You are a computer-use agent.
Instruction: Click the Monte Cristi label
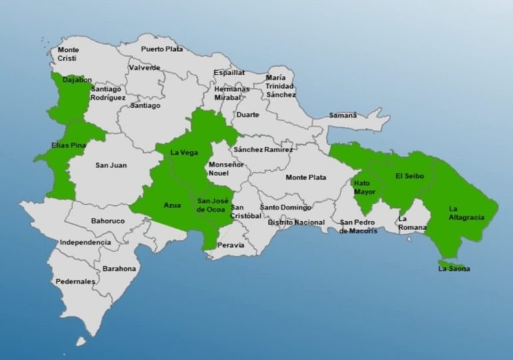(68, 54)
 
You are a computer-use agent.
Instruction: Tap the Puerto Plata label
(161, 49)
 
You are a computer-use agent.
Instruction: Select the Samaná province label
(343, 115)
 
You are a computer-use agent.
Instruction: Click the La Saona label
(454, 269)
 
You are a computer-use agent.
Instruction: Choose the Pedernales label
(75, 281)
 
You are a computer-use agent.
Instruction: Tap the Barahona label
(119, 269)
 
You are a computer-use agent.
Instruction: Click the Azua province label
(172, 205)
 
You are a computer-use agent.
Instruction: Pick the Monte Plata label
(306, 177)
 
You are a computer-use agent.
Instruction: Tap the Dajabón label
(77, 79)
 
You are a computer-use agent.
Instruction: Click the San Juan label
(111, 165)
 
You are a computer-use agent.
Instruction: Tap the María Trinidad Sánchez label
(280, 86)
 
